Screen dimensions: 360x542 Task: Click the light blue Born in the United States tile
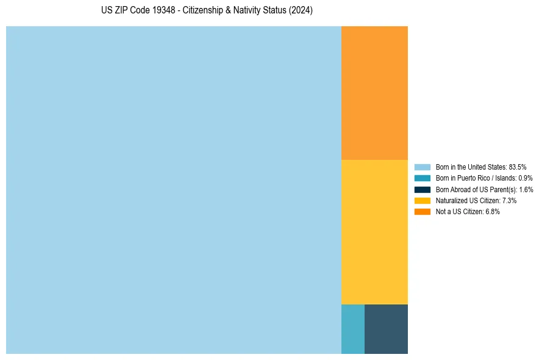[174, 190]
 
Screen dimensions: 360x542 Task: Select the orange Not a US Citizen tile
[374, 93]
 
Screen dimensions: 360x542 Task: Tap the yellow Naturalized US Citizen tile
[374, 232]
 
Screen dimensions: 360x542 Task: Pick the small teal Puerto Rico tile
[353, 329]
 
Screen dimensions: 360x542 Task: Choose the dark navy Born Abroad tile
[386, 329]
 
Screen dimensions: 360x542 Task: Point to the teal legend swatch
[423, 178]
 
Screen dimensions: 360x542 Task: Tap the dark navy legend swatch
[423, 190]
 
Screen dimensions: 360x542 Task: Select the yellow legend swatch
[423, 201]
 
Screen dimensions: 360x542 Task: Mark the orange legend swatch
[423, 212]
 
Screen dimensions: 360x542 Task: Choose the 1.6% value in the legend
[526, 190]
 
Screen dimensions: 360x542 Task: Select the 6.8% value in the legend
[493, 212]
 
